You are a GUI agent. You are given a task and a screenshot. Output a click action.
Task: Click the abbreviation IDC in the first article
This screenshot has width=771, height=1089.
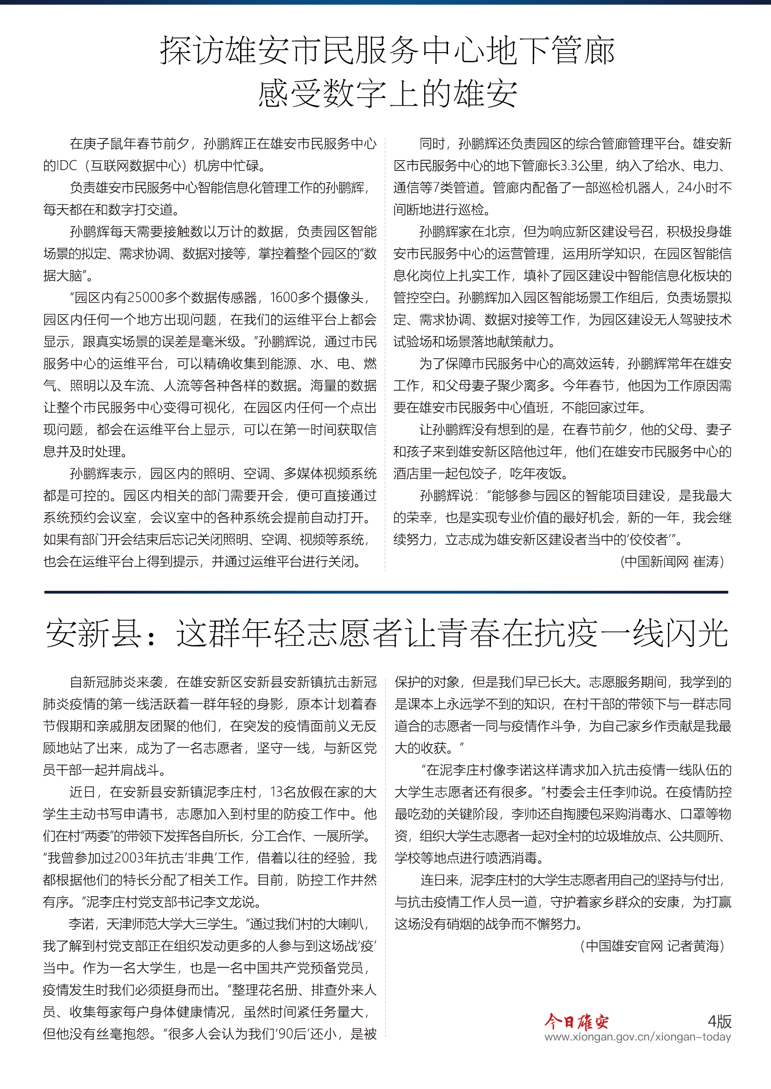(66, 166)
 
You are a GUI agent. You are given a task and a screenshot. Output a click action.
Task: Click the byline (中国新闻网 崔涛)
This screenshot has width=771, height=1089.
(672, 561)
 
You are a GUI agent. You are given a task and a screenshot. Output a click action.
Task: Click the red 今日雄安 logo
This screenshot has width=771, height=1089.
(576, 1021)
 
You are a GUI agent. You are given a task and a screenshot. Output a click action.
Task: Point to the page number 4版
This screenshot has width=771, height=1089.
(719, 1021)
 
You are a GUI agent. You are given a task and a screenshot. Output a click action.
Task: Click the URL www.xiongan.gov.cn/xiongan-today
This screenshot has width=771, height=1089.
(638, 1037)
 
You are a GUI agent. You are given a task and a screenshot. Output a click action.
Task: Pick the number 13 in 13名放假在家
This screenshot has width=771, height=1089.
(277, 791)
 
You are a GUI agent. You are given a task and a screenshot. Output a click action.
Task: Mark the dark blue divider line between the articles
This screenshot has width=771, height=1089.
(385, 592)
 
